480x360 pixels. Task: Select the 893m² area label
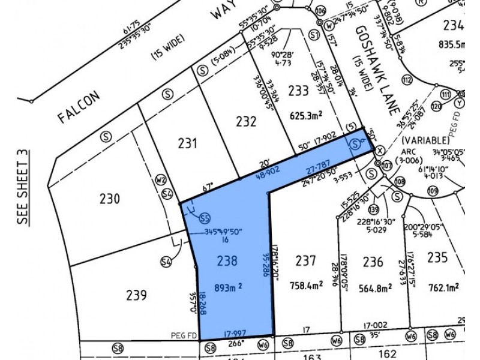[228, 286]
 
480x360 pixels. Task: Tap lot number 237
[305, 260]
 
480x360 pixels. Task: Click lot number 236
[373, 262]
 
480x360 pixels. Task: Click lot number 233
[298, 91]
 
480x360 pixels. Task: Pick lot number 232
[246, 122]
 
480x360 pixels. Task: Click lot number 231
[188, 143]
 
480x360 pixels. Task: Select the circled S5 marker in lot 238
[206, 217]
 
